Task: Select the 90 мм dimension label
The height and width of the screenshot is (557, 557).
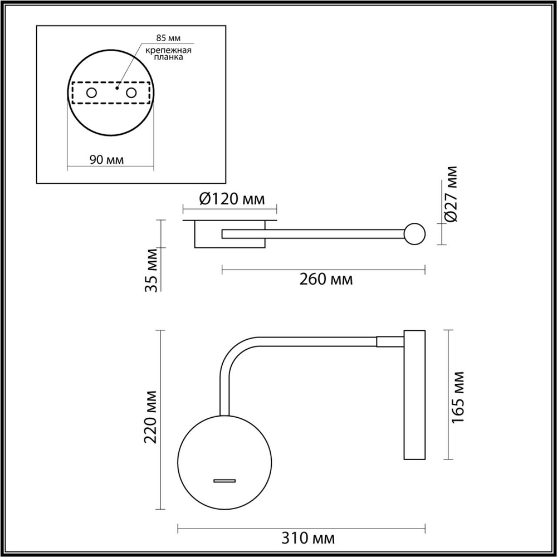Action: click(106, 160)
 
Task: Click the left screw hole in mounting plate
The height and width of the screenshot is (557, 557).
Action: click(91, 93)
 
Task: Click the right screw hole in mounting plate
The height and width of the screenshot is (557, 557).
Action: click(131, 93)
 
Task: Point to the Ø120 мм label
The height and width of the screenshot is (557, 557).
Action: click(230, 199)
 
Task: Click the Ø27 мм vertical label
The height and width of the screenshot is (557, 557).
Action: click(452, 194)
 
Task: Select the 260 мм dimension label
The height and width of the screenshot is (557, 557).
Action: click(326, 280)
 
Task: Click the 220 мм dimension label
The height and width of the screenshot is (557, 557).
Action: click(150, 418)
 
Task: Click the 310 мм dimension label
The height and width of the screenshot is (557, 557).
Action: click(308, 539)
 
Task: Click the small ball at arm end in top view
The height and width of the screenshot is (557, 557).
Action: click(414, 234)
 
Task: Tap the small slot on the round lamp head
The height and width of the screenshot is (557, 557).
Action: click(225, 480)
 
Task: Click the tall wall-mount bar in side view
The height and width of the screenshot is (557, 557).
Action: click(414, 395)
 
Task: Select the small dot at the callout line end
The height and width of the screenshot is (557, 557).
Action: click(118, 87)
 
